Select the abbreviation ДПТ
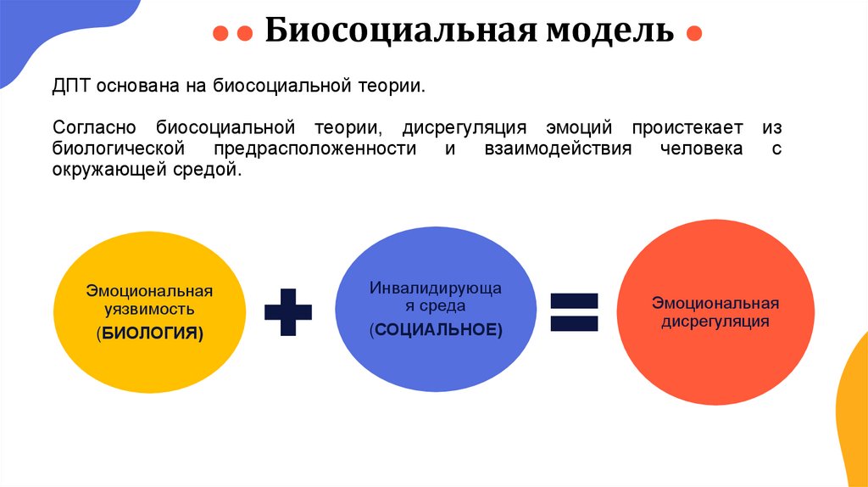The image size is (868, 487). (70, 87)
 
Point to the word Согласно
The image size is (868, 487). (93, 128)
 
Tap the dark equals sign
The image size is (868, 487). (574, 311)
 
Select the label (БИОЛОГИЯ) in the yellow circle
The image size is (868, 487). (150, 333)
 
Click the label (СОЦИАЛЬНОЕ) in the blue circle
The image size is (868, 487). (436, 330)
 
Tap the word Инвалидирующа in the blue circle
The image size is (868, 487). (436, 288)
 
